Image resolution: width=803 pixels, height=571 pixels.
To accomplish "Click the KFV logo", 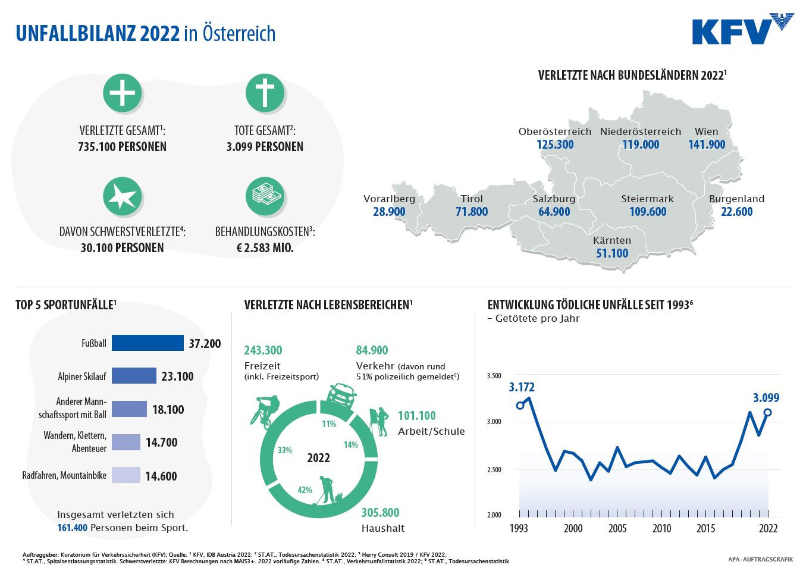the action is pyautogui.click(x=743, y=29).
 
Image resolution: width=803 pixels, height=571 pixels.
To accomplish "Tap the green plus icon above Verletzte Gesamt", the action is pyautogui.click(x=123, y=93).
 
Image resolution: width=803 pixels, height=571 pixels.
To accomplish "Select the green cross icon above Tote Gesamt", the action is pyautogui.click(x=265, y=93).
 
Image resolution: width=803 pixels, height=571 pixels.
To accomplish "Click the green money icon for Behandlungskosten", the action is pyautogui.click(x=265, y=196).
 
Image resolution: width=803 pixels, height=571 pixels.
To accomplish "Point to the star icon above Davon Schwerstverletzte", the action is pyautogui.click(x=123, y=196).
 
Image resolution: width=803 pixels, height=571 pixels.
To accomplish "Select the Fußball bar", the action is pyautogui.click(x=148, y=343).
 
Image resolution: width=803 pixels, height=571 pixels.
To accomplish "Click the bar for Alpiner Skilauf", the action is pyautogui.click(x=134, y=376).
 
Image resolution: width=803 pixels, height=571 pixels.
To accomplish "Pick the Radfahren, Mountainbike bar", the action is pyautogui.click(x=126, y=475).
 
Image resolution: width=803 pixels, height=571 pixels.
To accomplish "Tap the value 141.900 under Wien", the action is pyautogui.click(x=707, y=145).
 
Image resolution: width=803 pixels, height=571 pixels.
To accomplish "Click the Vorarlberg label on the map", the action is pyautogui.click(x=389, y=199).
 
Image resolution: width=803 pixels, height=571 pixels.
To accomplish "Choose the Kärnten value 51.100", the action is pyautogui.click(x=612, y=253).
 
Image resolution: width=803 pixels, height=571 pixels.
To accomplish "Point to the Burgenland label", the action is pyautogui.click(x=737, y=199).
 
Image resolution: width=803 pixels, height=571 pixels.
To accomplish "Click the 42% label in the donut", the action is pyautogui.click(x=305, y=490).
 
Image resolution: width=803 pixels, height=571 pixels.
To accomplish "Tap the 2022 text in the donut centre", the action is pyautogui.click(x=318, y=458).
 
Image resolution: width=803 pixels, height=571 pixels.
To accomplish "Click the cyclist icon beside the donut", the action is pyautogui.click(x=265, y=412).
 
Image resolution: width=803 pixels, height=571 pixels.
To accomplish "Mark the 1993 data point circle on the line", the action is pyautogui.click(x=520, y=406).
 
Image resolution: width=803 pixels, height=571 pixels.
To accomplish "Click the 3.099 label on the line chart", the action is pyautogui.click(x=766, y=398).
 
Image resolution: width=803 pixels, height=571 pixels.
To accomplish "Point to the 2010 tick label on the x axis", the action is pyautogui.click(x=661, y=528).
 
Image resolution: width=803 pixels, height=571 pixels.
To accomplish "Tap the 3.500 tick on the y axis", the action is pyautogui.click(x=494, y=376).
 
